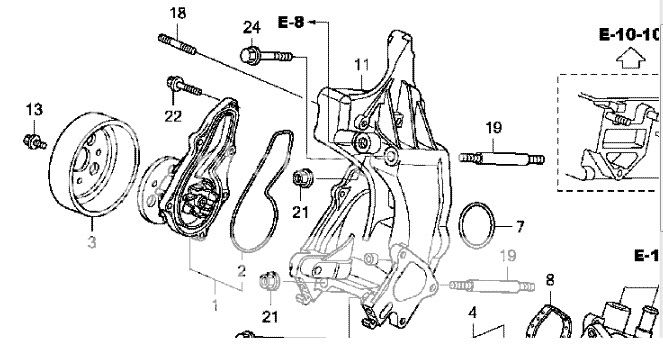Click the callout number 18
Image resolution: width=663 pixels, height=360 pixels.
[178, 13]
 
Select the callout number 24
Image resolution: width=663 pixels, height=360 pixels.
[250, 26]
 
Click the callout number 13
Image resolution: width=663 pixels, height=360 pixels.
[34, 108]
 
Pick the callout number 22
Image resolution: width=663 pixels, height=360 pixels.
[174, 117]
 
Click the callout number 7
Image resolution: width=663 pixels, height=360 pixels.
[519, 226]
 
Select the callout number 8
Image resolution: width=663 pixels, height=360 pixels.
[549, 278]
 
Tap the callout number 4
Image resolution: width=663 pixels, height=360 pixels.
[472, 312]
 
